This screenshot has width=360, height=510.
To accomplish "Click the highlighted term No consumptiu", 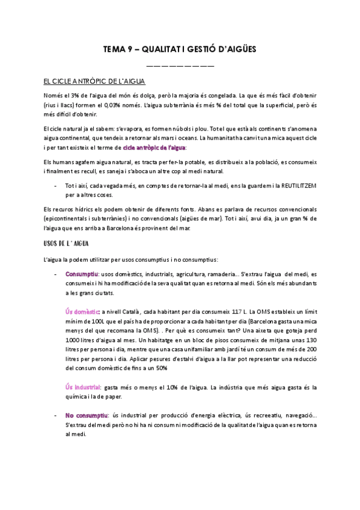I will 86,416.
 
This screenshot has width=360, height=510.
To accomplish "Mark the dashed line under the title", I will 180,64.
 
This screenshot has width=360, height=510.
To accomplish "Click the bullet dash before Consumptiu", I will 55,274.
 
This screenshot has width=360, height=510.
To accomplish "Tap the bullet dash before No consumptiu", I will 55,416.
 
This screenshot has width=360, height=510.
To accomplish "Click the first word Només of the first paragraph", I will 53,96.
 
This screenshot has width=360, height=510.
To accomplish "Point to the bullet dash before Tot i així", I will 55,186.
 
